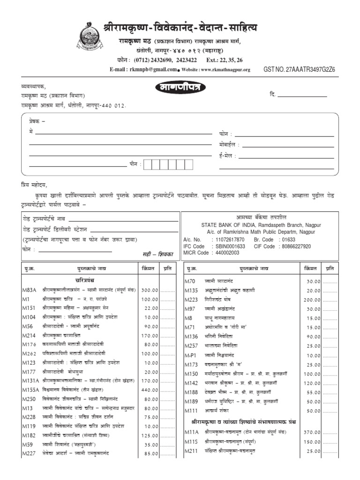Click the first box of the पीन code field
point(148,165)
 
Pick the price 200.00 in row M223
point(311,300)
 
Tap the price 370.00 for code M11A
point(311,432)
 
